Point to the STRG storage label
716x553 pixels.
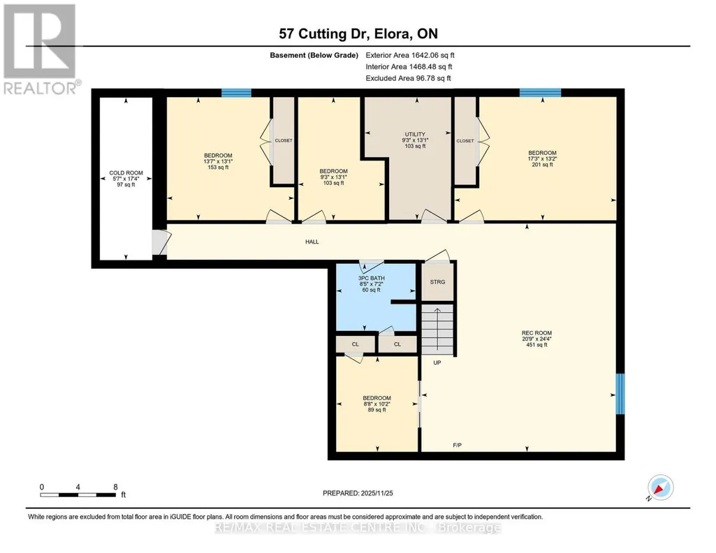[x=437, y=282]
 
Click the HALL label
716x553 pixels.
[x=312, y=242]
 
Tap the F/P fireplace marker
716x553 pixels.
[x=457, y=445]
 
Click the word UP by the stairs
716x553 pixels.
[x=437, y=363]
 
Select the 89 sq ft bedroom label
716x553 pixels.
[x=377, y=404]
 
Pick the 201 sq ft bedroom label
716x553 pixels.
[x=543, y=158]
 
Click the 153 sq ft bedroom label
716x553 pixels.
[x=218, y=161]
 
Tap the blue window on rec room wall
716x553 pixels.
[x=620, y=395]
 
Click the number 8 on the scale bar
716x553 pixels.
[x=115, y=487]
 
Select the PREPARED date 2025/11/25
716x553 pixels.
[x=377, y=493]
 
